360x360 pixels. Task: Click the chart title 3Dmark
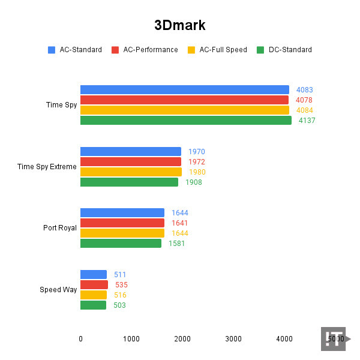(x=180, y=25)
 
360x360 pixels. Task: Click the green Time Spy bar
(x=185, y=121)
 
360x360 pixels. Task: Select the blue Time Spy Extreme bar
(x=130, y=152)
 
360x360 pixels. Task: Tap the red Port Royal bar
(x=122, y=223)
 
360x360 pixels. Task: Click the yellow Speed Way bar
(x=93, y=295)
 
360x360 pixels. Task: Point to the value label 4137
(x=307, y=121)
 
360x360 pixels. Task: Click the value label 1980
(x=197, y=172)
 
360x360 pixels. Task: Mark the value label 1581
(x=176, y=244)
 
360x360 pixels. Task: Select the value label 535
(x=121, y=285)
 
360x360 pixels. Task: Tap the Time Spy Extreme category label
(x=47, y=167)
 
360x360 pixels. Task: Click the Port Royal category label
(x=60, y=228)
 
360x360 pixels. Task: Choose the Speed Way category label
(x=58, y=290)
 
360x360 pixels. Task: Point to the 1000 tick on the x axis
(x=131, y=339)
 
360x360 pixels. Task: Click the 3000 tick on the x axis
(x=233, y=339)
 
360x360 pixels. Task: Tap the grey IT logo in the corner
(x=334, y=339)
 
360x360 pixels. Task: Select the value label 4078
(x=304, y=100)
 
